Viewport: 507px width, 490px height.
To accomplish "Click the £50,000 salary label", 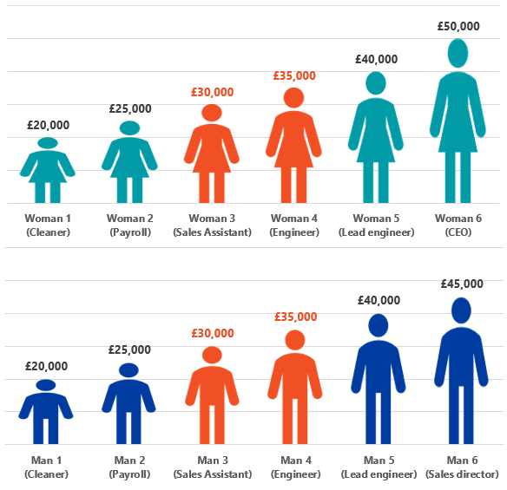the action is click(458, 26).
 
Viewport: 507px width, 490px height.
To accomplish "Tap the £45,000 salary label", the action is click(462, 284).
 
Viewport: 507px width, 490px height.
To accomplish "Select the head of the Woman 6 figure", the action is click(458, 53).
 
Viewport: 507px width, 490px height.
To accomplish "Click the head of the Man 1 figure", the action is click(46, 385).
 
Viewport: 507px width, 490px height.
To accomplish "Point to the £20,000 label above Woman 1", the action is click(48, 125).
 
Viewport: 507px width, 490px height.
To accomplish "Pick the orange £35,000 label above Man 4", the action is click(295, 317).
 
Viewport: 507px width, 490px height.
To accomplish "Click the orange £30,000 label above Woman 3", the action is click(212, 92).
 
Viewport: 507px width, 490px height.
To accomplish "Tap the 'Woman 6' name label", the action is click(458, 219).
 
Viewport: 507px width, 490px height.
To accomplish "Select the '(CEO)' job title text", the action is click(458, 232).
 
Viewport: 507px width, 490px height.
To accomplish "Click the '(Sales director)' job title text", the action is click(462, 474).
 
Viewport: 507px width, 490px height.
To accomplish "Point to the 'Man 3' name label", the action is click(213, 460).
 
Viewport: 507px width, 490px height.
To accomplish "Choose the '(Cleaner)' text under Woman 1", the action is click(48, 232).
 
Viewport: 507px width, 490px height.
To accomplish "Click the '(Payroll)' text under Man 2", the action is click(129, 474).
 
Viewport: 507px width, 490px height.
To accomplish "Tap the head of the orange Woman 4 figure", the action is click(293, 97).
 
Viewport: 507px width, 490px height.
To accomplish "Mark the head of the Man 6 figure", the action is click(461, 310).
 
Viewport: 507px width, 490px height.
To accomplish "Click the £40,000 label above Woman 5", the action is click(377, 59).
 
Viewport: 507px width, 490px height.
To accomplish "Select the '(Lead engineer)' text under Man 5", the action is click(379, 474).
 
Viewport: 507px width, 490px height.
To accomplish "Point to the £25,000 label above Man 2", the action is click(129, 350).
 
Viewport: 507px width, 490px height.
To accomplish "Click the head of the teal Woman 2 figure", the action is click(129, 127).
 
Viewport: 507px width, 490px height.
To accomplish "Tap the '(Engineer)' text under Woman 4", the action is click(294, 232).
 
